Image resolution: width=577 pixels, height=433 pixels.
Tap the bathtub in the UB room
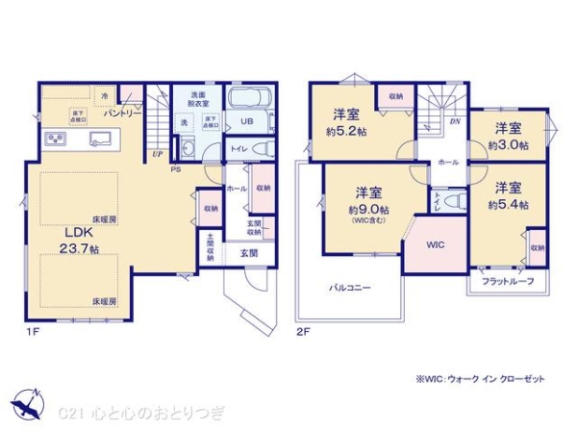(250, 100)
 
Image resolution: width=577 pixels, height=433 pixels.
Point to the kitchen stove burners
(55, 140)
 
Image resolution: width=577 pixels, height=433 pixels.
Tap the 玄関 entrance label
(248, 252)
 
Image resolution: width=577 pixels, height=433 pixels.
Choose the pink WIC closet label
(436, 242)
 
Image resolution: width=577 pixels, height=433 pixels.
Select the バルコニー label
(350, 287)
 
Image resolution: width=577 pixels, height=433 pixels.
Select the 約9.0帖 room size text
(368, 210)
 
